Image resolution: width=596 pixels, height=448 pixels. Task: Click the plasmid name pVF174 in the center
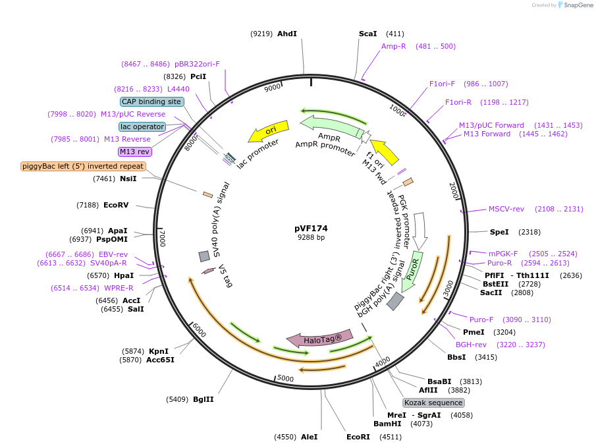tap(311, 229)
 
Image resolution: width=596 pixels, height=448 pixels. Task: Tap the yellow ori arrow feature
tap(269, 132)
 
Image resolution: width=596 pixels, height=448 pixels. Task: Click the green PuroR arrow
tap(415, 267)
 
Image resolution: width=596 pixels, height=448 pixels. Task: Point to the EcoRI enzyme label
tap(358, 436)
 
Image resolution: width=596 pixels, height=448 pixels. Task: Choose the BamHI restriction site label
tap(387, 424)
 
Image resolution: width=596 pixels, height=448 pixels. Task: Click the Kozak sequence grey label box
tap(433, 403)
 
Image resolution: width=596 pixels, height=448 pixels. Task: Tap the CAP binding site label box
tap(151, 101)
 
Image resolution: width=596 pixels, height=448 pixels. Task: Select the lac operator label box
tap(142, 126)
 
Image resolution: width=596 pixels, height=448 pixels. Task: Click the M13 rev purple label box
tap(135, 152)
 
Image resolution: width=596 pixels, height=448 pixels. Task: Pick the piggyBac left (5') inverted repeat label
tap(82, 166)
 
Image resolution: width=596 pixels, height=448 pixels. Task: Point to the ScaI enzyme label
tap(367, 34)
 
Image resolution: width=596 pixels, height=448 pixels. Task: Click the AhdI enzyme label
tap(287, 34)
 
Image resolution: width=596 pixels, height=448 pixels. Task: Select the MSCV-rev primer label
tap(506, 209)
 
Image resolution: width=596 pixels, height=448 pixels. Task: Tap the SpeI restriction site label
tap(499, 232)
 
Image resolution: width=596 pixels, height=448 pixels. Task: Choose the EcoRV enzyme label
tap(115, 205)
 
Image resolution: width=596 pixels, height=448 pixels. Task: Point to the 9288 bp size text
tap(311, 238)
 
